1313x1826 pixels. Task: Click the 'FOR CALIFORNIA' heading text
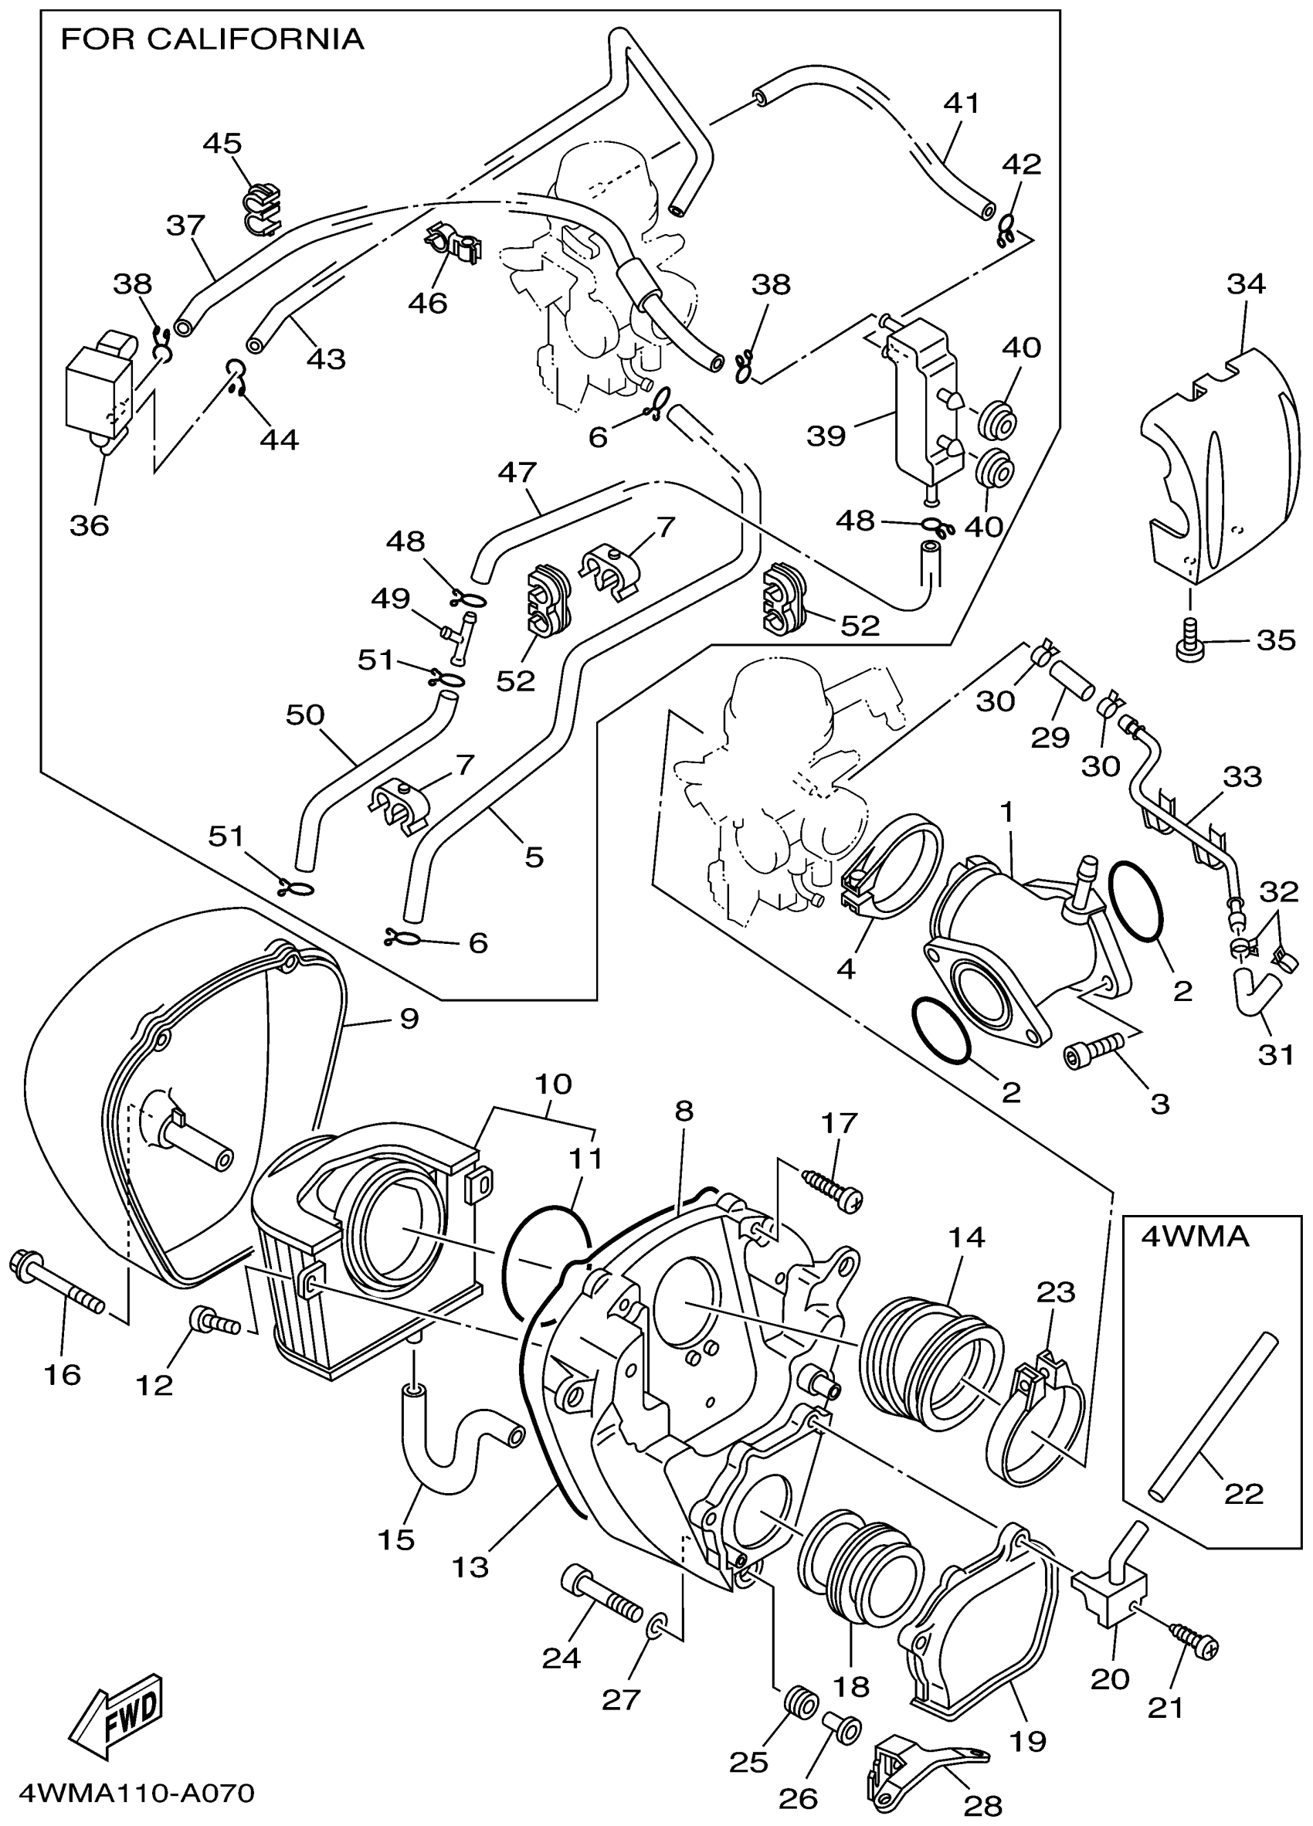coord(212,39)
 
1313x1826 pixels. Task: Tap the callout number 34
coord(1246,283)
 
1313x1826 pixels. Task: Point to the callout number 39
coord(826,436)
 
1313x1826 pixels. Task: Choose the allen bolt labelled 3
coord(1093,1051)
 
